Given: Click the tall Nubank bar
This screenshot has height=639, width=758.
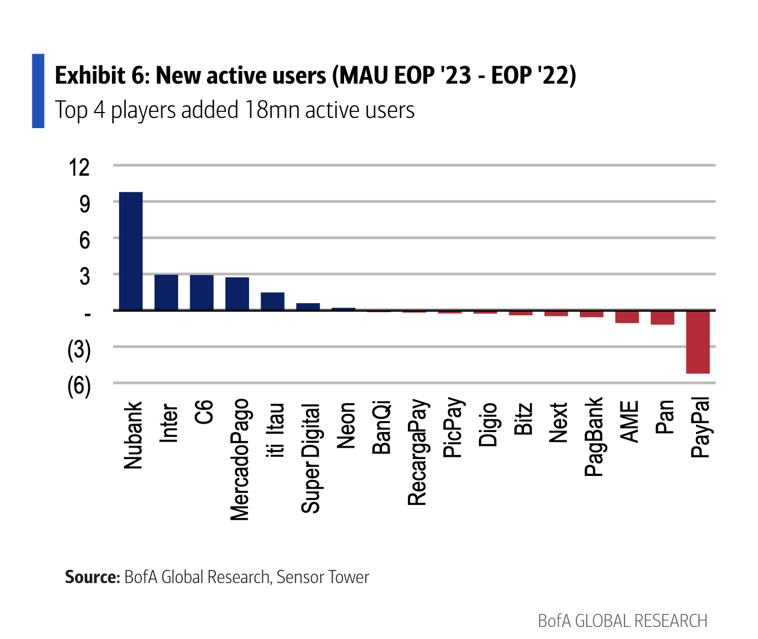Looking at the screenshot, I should pyautogui.click(x=131, y=251).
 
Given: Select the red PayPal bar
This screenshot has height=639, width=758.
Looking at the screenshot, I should pyautogui.click(x=698, y=342).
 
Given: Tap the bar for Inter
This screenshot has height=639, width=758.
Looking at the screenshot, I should pyautogui.click(x=166, y=292).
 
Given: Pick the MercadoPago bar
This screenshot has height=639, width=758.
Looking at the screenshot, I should pyautogui.click(x=237, y=294).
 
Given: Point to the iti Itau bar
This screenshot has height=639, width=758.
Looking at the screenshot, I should pyautogui.click(x=273, y=301).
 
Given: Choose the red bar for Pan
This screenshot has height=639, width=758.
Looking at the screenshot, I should pyautogui.click(x=662, y=317).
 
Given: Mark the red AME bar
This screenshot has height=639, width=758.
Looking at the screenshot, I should pyautogui.click(x=627, y=316).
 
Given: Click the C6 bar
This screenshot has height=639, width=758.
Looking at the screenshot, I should pyautogui.click(x=202, y=292).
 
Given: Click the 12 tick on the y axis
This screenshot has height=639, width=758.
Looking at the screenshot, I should pyautogui.click(x=79, y=167).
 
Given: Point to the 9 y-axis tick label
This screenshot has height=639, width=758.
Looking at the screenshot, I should pyautogui.click(x=84, y=203).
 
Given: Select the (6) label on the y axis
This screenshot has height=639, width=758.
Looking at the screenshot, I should pyautogui.click(x=79, y=386).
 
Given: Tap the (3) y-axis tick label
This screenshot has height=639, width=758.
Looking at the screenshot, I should pyautogui.click(x=79, y=350).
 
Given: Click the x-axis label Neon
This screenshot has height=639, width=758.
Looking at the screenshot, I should pyautogui.click(x=346, y=425).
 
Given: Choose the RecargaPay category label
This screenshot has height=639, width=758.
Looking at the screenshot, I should pyautogui.click(x=417, y=452).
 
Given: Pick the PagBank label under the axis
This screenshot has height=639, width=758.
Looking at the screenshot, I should pyautogui.click(x=594, y=436).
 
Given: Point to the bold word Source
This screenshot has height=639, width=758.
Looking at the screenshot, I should pyautogui.click(x=92, y=577).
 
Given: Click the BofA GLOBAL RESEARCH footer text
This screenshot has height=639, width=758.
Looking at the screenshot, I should pyautogui.click(x=623, y=620).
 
